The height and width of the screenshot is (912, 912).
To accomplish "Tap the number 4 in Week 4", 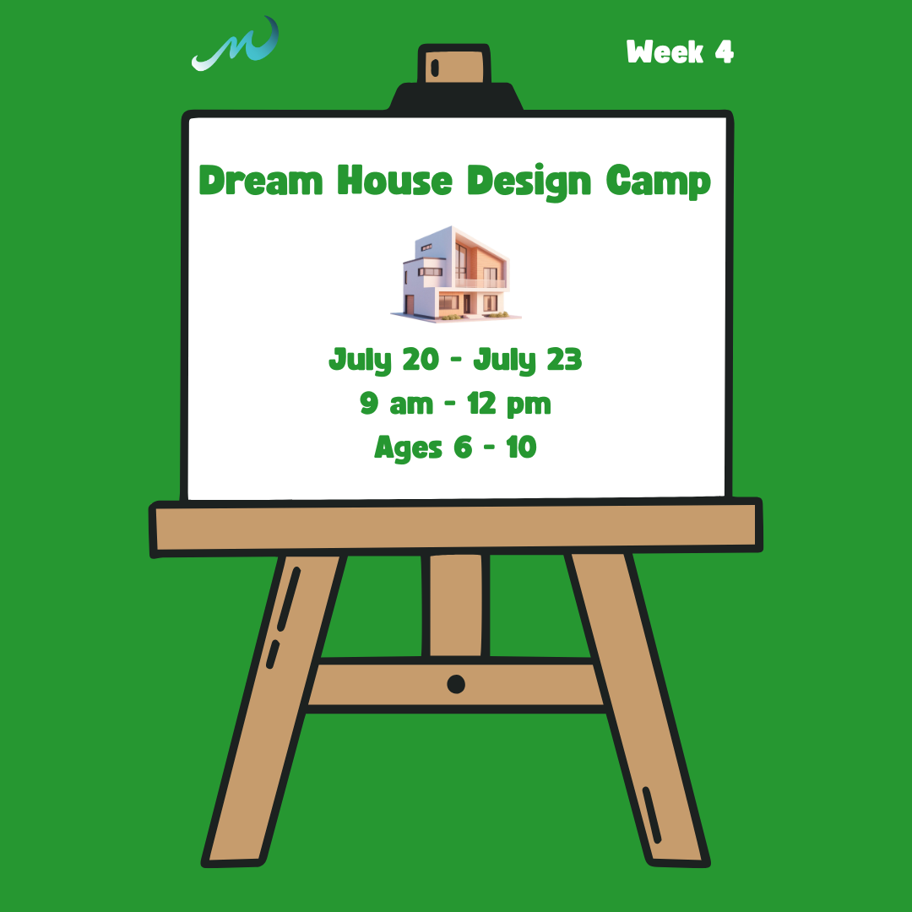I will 723,52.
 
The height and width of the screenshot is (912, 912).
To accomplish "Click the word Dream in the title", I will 260,181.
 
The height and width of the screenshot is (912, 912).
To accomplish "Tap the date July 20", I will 383,361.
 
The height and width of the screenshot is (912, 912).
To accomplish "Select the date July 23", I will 528,361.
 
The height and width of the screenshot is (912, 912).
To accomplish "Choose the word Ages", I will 408,448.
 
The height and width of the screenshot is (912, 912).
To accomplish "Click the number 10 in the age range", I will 521,447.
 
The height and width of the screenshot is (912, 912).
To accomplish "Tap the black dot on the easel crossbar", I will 456,684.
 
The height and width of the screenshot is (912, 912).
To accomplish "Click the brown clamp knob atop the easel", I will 455,67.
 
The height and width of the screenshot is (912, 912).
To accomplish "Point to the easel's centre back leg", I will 456,604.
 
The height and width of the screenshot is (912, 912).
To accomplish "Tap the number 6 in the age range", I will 462,447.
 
